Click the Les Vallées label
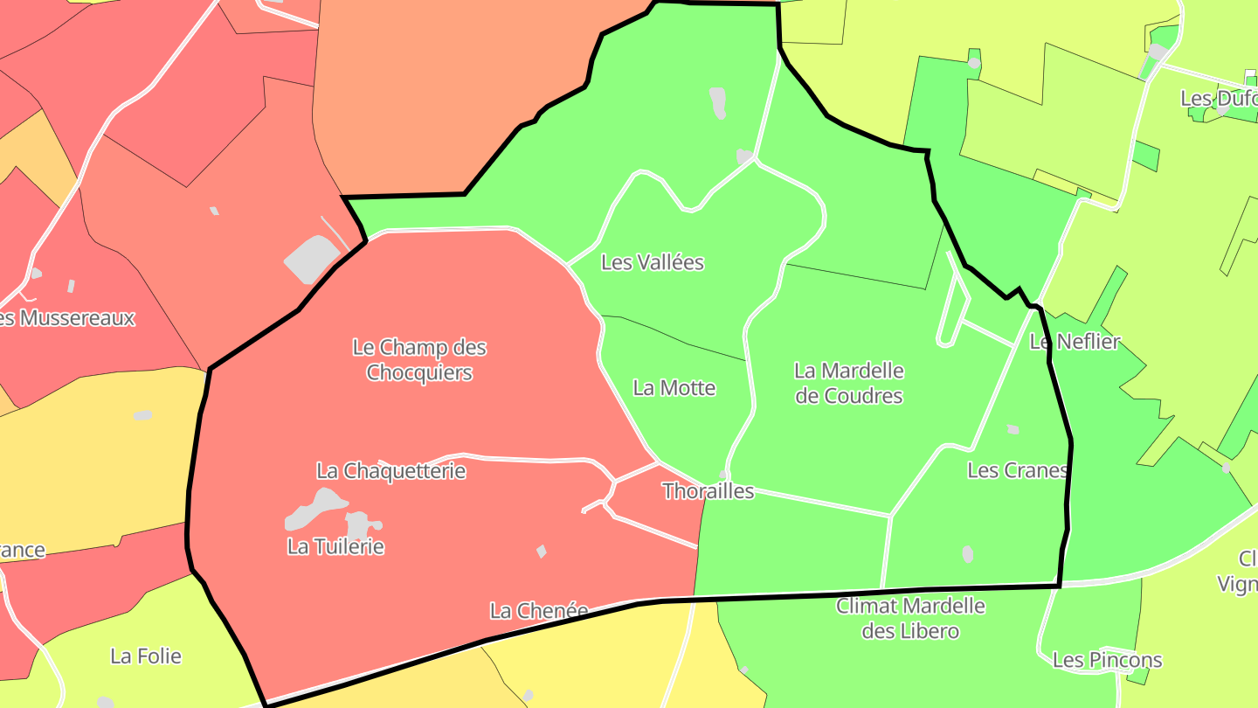[653, 262]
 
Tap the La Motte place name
[674, 388]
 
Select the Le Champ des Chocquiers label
[419, 360]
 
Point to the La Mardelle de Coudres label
[849, 383]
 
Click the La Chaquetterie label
[391, 471]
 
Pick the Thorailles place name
[708, 491]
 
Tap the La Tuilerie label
[335, 547]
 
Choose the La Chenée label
[538, 611]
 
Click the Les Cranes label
[1018, 470]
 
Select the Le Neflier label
[1075, 342]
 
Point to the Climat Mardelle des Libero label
[910, 618]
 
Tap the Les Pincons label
[1107, 660]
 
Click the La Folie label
[146, 656]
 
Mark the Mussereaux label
[70, 317]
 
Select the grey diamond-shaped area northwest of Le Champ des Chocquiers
[311, 259]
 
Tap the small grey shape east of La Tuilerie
[542, 552]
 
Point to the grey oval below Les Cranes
[967, 553]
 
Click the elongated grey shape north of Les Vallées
[717, 102]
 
